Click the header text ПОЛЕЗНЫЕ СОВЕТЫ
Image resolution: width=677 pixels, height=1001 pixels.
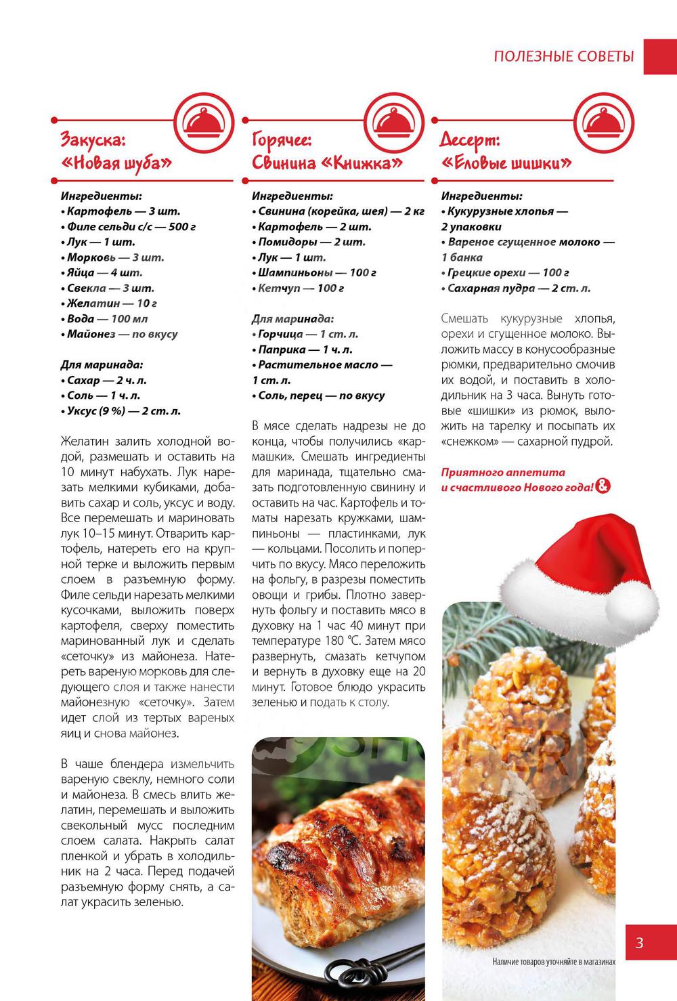[564, 56]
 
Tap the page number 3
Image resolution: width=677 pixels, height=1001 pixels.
[639, 943]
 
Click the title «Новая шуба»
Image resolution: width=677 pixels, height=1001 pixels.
[116, 163]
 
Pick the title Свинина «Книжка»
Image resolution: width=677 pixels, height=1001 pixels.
[327, 163]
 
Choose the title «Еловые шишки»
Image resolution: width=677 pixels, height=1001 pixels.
[506, 163]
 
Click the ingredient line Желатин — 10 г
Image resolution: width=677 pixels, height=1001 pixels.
[112, 303]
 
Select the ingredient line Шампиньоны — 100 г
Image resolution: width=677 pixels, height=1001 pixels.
[317, 272]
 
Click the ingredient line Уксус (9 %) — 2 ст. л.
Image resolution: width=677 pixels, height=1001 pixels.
[123, 411]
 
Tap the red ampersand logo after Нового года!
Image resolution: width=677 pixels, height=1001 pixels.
[603, 486]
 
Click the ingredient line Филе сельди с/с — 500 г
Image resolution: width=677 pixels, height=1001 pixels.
[131, 226]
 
